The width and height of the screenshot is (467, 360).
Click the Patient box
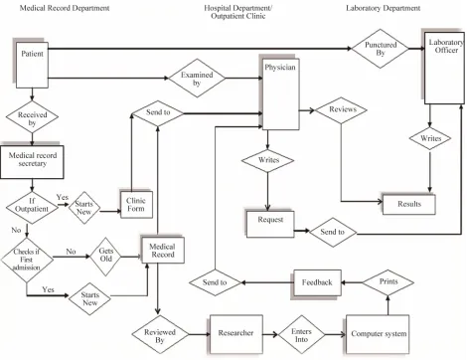[32, 65]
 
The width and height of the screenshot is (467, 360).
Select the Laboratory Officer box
[444, 68]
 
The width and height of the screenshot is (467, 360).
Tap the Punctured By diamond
[381, 49]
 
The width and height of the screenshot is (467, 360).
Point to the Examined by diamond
[197, 79]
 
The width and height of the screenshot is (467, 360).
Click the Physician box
[281, 94]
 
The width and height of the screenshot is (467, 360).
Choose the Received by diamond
[32, 116]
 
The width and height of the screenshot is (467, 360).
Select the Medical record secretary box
[32, 162]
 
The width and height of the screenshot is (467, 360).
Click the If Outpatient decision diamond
[32, 208]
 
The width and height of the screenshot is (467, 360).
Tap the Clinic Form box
[136, 205]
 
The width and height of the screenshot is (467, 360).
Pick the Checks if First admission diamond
[27, 260]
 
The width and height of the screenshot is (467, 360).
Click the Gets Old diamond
[106, 257]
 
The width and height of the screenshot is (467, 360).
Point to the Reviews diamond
[341, 110]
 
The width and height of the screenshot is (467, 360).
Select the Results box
[409, 204]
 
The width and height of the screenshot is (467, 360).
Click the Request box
[270, 224]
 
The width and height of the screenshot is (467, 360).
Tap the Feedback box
[317, 282]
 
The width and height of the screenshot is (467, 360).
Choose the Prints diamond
[388, 282]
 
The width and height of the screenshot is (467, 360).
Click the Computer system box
[378, 334]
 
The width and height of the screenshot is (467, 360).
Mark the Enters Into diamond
[302, 335]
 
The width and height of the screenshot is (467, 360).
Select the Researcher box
[236, 334]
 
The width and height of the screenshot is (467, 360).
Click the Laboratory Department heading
[384, 8]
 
